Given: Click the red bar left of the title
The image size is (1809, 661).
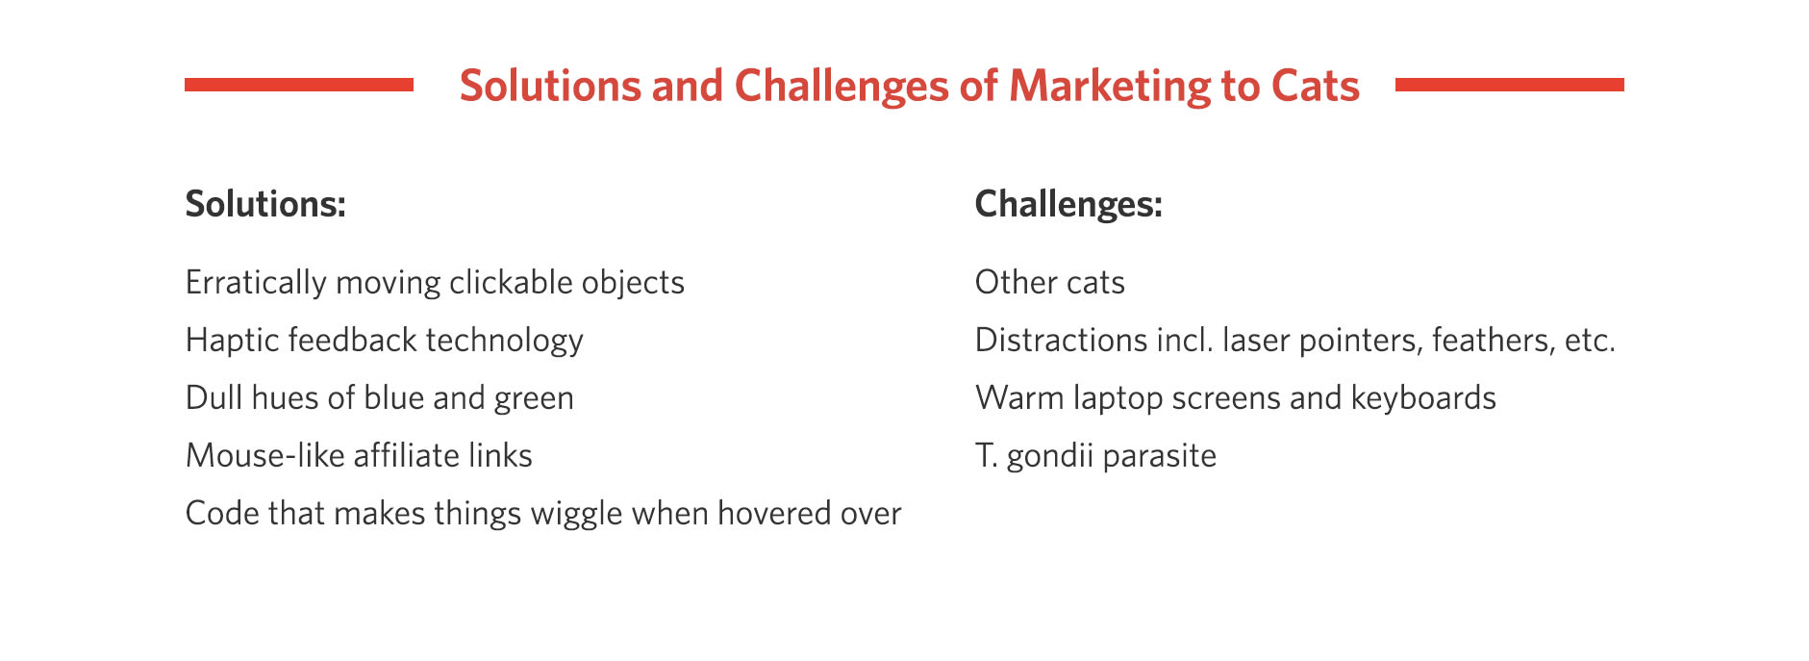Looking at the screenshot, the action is [x=299, y=85].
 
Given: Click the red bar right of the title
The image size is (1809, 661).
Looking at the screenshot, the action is [x=1509, y=85].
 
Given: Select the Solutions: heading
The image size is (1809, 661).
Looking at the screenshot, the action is [x=265, y=204].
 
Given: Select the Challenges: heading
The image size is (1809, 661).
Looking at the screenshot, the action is [x=1068, y=205].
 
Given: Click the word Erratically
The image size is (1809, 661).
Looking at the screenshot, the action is [x=256, y=283].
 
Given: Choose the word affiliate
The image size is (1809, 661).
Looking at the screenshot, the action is [x=405, y=455].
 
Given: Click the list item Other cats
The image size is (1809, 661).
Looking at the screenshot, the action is [x=1050, y=283].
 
